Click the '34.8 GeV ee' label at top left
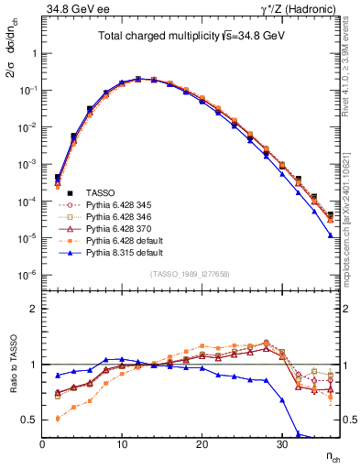click(70, 10)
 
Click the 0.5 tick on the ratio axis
click(30, 420)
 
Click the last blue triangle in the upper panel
click(331, 235)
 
